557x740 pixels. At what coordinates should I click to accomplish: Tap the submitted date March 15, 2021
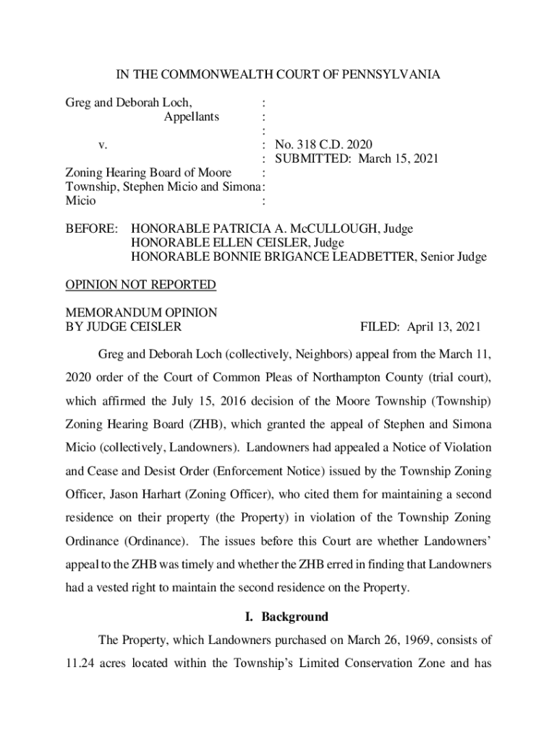pos(398,159)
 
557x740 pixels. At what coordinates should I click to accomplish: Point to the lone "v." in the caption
pos(103,145)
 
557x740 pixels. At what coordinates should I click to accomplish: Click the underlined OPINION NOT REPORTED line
pos(141,285)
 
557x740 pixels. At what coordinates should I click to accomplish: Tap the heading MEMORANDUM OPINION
pos(141,313)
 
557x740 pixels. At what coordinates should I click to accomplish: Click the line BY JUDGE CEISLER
pos(124,327)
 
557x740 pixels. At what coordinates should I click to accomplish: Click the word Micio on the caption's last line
pos(80,201)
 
